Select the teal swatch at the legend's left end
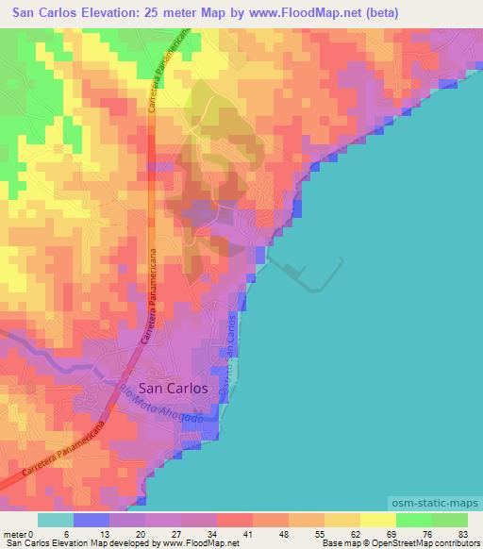tap(55, 521)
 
